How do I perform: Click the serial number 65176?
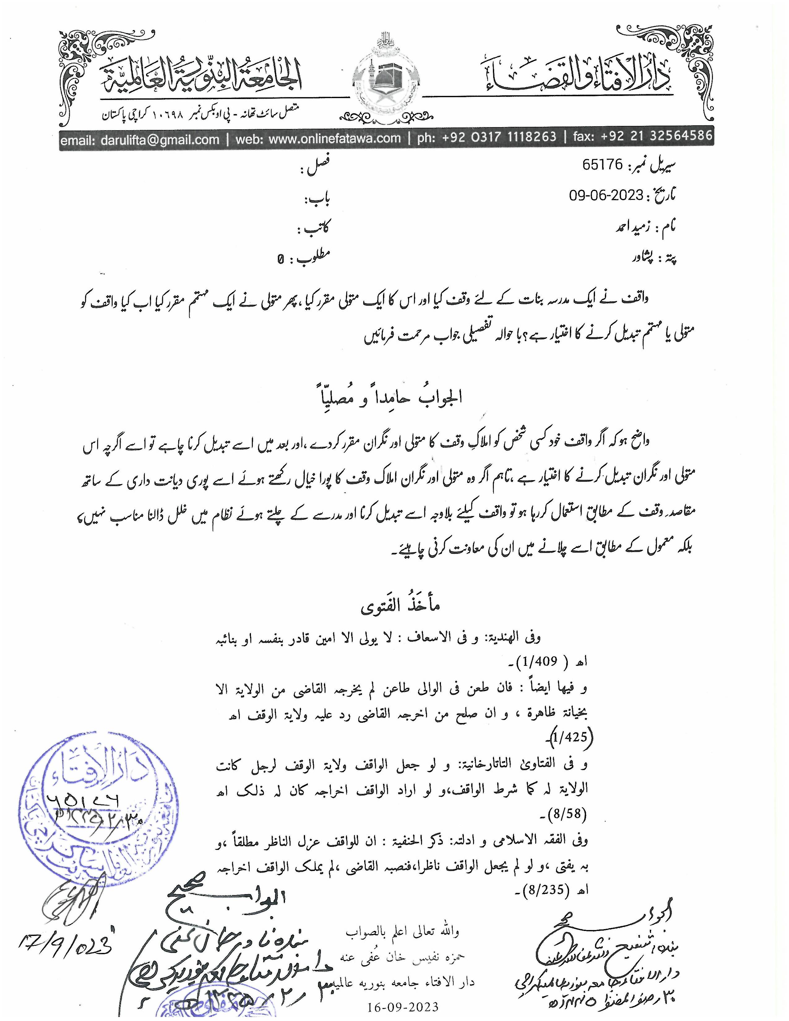coord(603,165)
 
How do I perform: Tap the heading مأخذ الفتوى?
coord(400,607)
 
